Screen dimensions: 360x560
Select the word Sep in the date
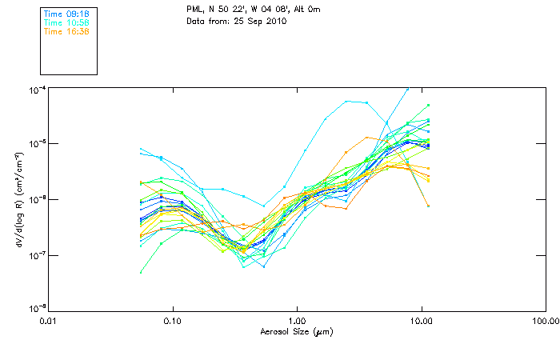[x=252, y=21]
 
